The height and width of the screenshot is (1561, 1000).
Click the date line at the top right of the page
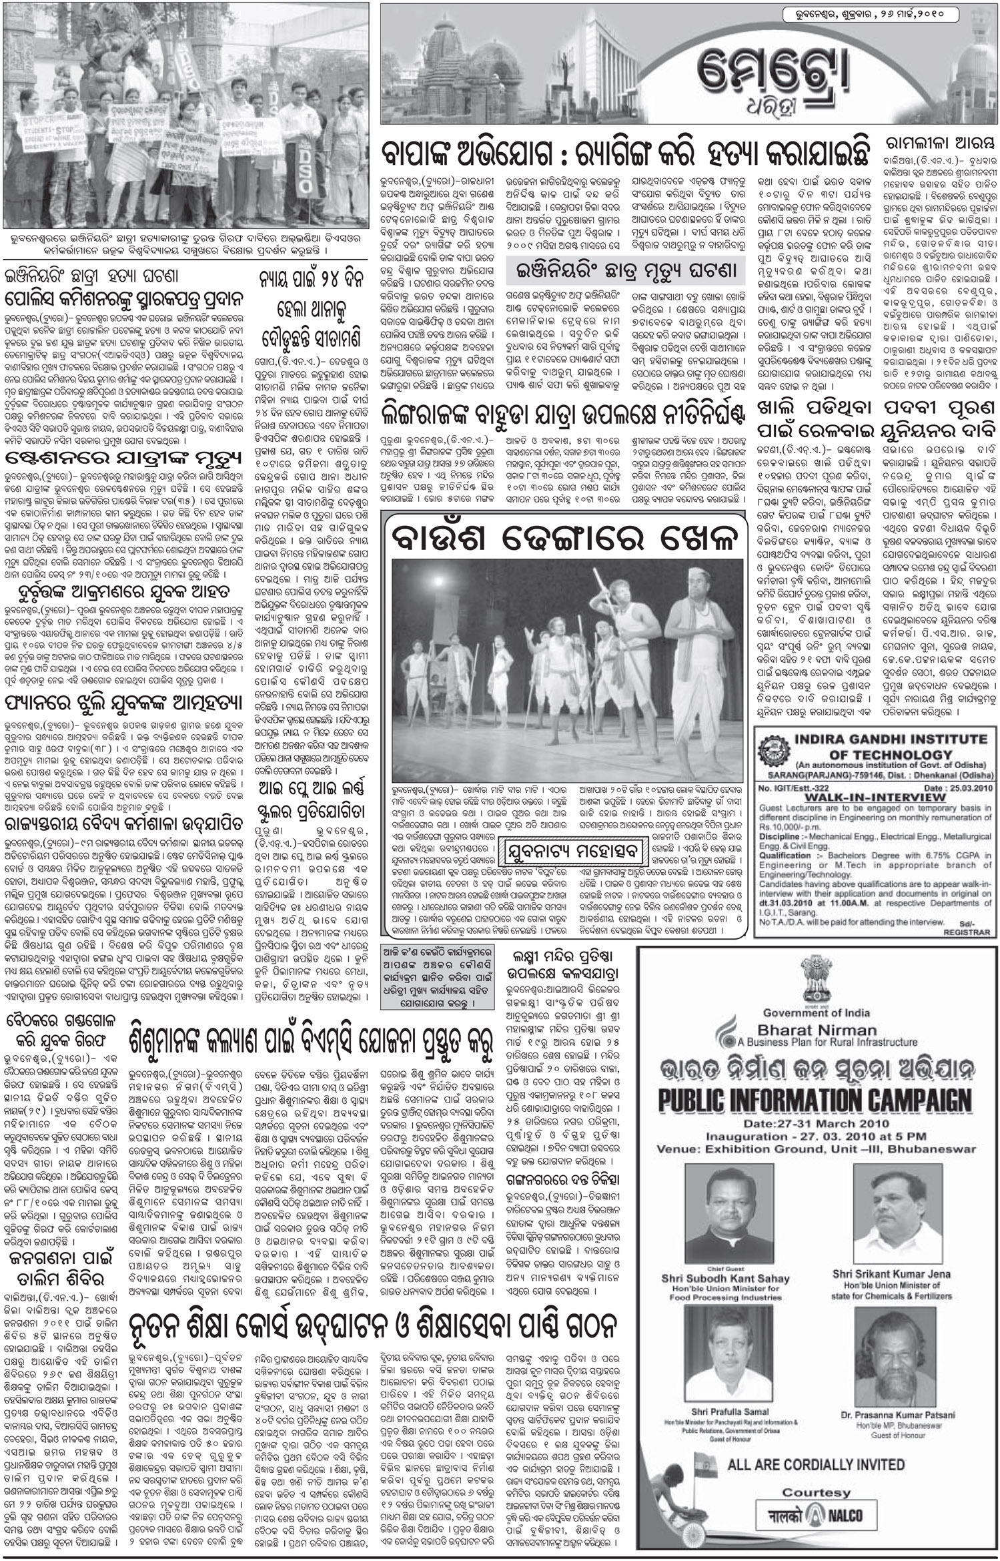click(861, 15)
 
